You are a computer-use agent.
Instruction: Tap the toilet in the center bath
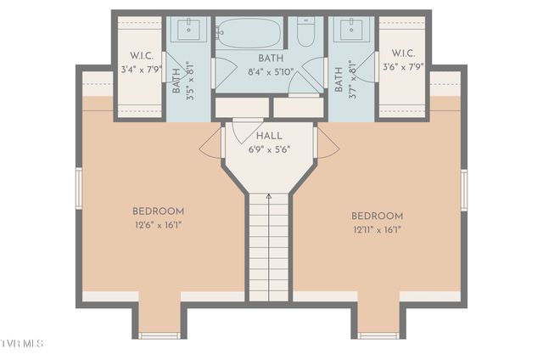point(305,32)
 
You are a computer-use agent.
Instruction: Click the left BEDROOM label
point(158,211)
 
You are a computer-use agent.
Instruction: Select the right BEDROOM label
point(378,217)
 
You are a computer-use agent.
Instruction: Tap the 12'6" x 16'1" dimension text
point(158,225)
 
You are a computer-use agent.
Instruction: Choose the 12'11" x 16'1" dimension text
point(378,229)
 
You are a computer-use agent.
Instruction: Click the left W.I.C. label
point(141,55)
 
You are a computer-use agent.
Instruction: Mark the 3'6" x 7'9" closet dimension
point(402,67)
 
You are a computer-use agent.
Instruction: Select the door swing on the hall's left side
point(210,144)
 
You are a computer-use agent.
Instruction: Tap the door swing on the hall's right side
point(327,144)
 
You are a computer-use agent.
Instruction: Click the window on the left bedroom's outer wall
point(79,188)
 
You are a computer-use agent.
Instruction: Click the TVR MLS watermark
point(21,344)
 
